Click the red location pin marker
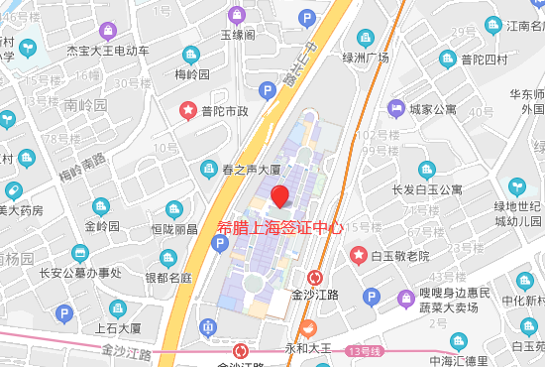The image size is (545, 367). (x=280, y=194)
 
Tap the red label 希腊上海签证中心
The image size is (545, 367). (x=280, y=227)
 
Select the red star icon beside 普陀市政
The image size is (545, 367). (x=186, y=109)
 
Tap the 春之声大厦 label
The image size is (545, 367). (x=251, y=170)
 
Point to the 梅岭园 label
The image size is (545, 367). (x=192, y=74)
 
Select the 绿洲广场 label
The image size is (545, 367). (x=364, y=57)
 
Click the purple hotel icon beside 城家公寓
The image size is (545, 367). (x=395, y=107)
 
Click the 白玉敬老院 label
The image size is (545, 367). (x=400, y=256)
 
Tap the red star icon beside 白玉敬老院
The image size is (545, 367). (x=359, y=256)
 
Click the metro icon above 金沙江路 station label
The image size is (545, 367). (x=315, y=278)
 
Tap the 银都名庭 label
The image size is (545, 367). (x=167, y=277)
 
